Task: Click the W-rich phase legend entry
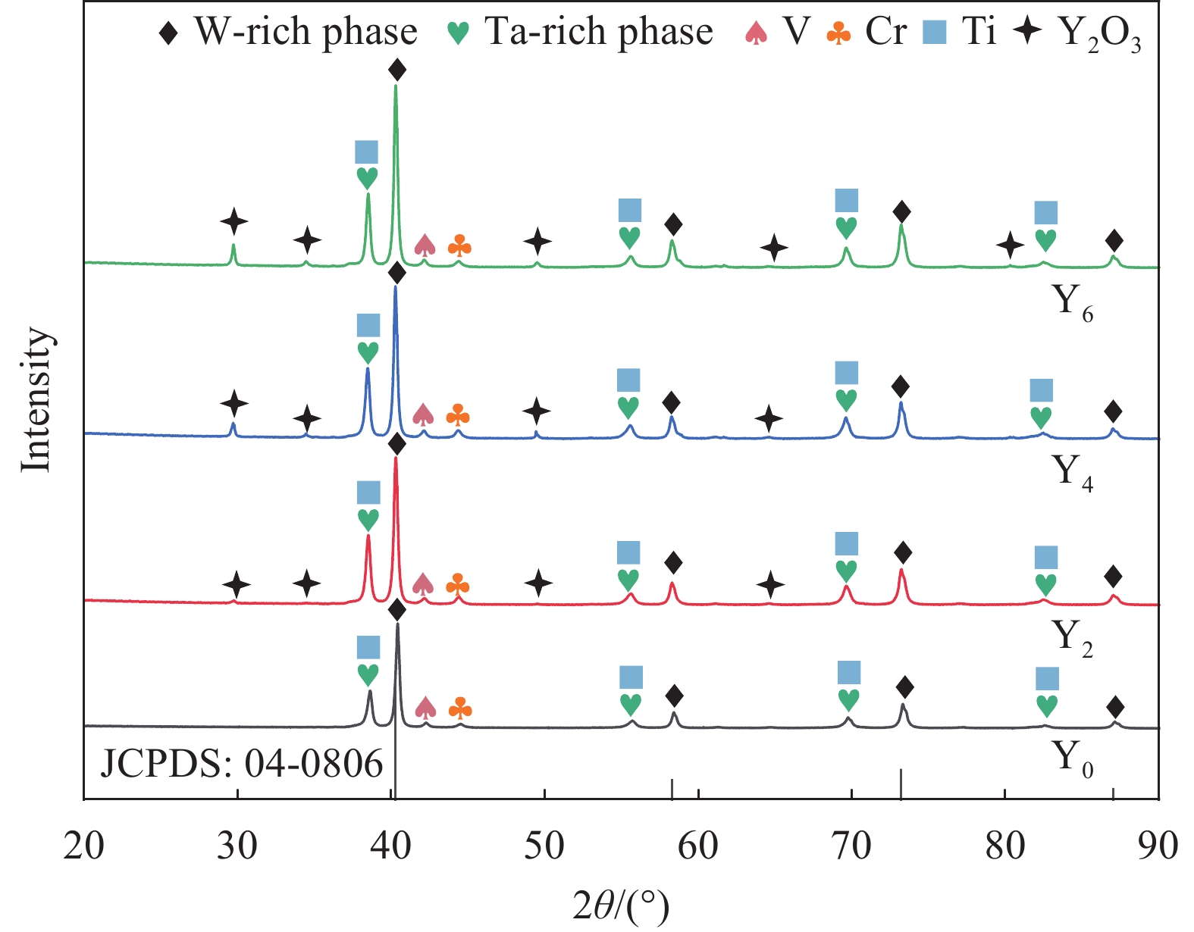[x=288, y=32]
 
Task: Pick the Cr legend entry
[x=867, y=32]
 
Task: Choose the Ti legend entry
[x=960, y=32]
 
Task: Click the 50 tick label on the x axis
[x=544, y=846]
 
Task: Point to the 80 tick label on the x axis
[x=1005, y=846]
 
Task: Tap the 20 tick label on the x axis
[x=83, y=846]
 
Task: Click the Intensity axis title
[x=36, y=399]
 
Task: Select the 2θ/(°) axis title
[x=621, y=906]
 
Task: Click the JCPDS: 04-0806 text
[x=242, y=764]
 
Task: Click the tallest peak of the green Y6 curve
[x=395, y=86]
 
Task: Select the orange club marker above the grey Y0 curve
[x=460, y=708]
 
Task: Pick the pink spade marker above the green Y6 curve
[x=425, y=245]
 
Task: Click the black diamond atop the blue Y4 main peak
[x=396, y=274]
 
